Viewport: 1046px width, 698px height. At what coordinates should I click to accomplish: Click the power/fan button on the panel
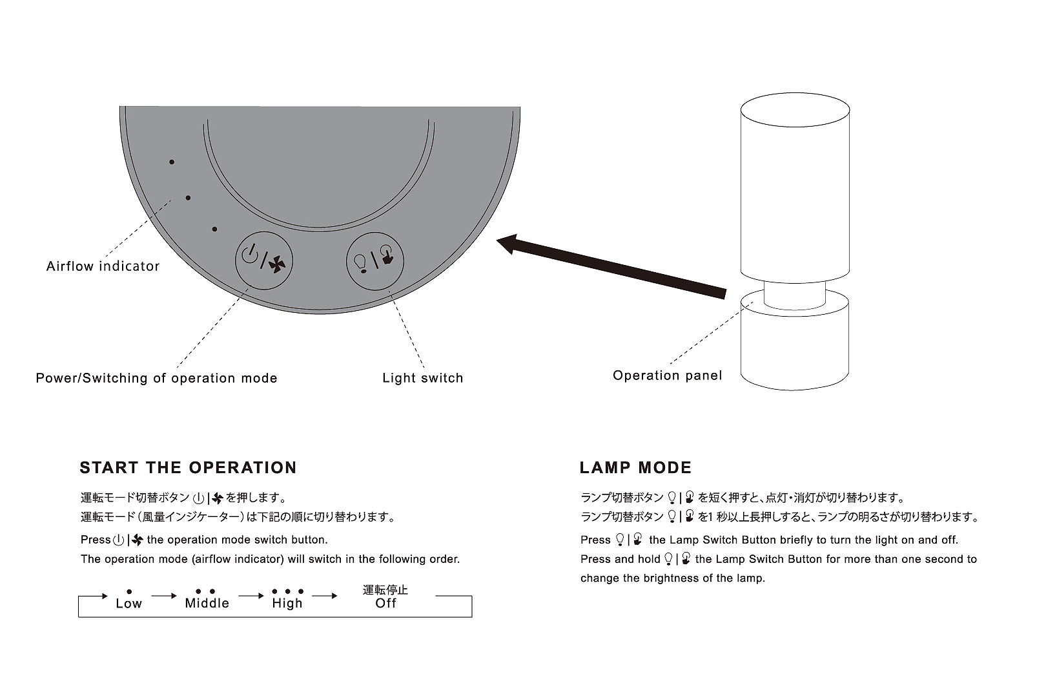(263, 260)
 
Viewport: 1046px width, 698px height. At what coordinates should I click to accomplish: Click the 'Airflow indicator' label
(103, 266)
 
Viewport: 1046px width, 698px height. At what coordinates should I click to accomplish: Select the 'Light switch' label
(422, 378)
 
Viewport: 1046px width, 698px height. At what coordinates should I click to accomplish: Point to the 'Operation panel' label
(667, 375)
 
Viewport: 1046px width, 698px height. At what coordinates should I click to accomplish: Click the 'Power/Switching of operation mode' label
(156, 378)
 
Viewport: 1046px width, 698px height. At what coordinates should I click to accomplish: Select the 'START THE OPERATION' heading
(188, 468)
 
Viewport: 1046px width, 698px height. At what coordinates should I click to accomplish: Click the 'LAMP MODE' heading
(635, 468)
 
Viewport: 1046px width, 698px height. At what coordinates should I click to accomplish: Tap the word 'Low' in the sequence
(128, 604)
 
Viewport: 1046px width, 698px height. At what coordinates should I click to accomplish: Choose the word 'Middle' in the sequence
(207, 604)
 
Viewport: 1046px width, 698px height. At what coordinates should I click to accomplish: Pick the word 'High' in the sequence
(287, 604)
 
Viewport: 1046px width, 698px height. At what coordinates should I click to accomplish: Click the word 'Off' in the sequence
(385, 604)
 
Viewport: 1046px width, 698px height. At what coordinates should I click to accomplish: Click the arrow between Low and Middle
(165, 596)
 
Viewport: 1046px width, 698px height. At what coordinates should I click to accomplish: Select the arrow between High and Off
(325, 596)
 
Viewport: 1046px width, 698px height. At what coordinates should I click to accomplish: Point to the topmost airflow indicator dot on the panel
(172, 162)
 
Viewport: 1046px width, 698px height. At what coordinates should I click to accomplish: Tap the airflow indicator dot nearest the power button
(214, 229)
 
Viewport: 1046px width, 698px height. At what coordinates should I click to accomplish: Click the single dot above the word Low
(129, 591)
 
